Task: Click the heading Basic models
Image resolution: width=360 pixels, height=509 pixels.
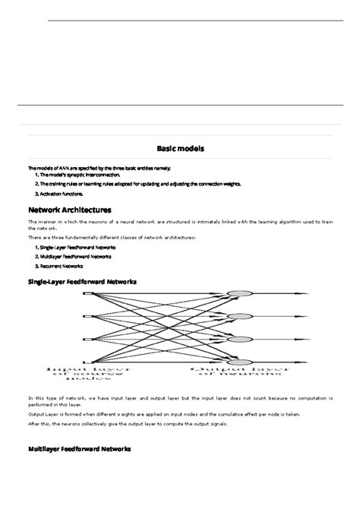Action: click(180, 148)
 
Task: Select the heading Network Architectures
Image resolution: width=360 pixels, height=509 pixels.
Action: click(70, 209)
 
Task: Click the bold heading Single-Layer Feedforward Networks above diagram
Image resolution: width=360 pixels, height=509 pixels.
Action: click(82, 281)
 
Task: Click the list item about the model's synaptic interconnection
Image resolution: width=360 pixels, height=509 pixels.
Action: click(78, 175)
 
